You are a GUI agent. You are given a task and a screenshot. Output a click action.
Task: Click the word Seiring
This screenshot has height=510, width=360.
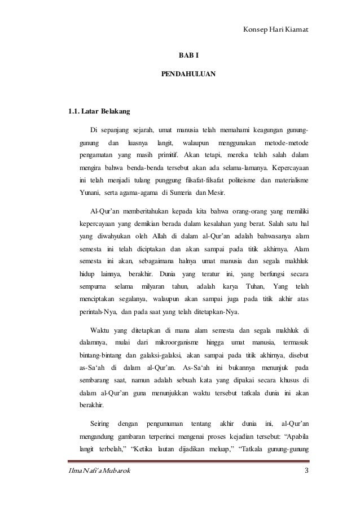click(x=100, y=423)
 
